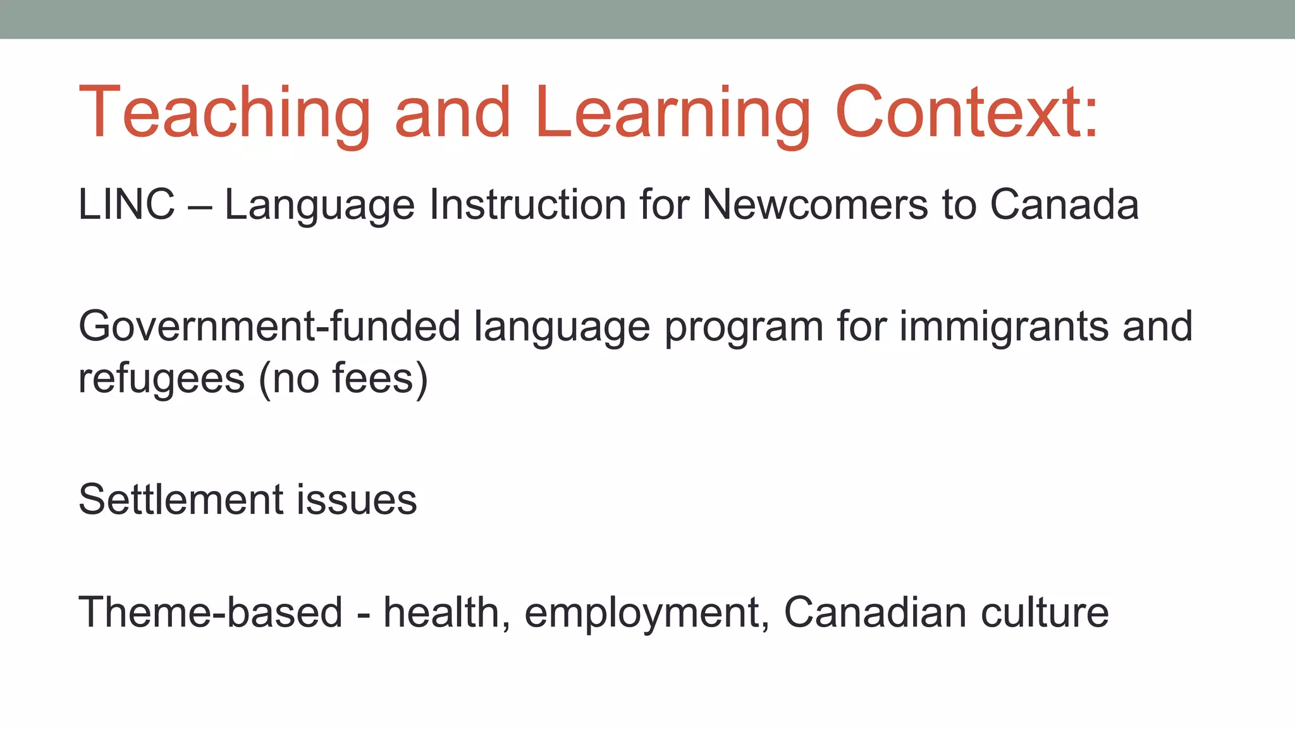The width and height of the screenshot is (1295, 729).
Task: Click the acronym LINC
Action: [x=126, y=205]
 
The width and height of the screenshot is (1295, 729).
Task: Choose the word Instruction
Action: [x=527, y=205]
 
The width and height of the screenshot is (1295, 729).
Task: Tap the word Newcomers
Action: [x=814, y=205]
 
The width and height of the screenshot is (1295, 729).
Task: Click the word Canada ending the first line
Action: [x=1064, y=205]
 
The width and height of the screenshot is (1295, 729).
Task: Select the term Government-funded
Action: [x=269, y=327]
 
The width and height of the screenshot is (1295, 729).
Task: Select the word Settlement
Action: [x=181, y=499]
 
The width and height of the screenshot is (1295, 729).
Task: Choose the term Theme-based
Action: [x=210, y=613]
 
